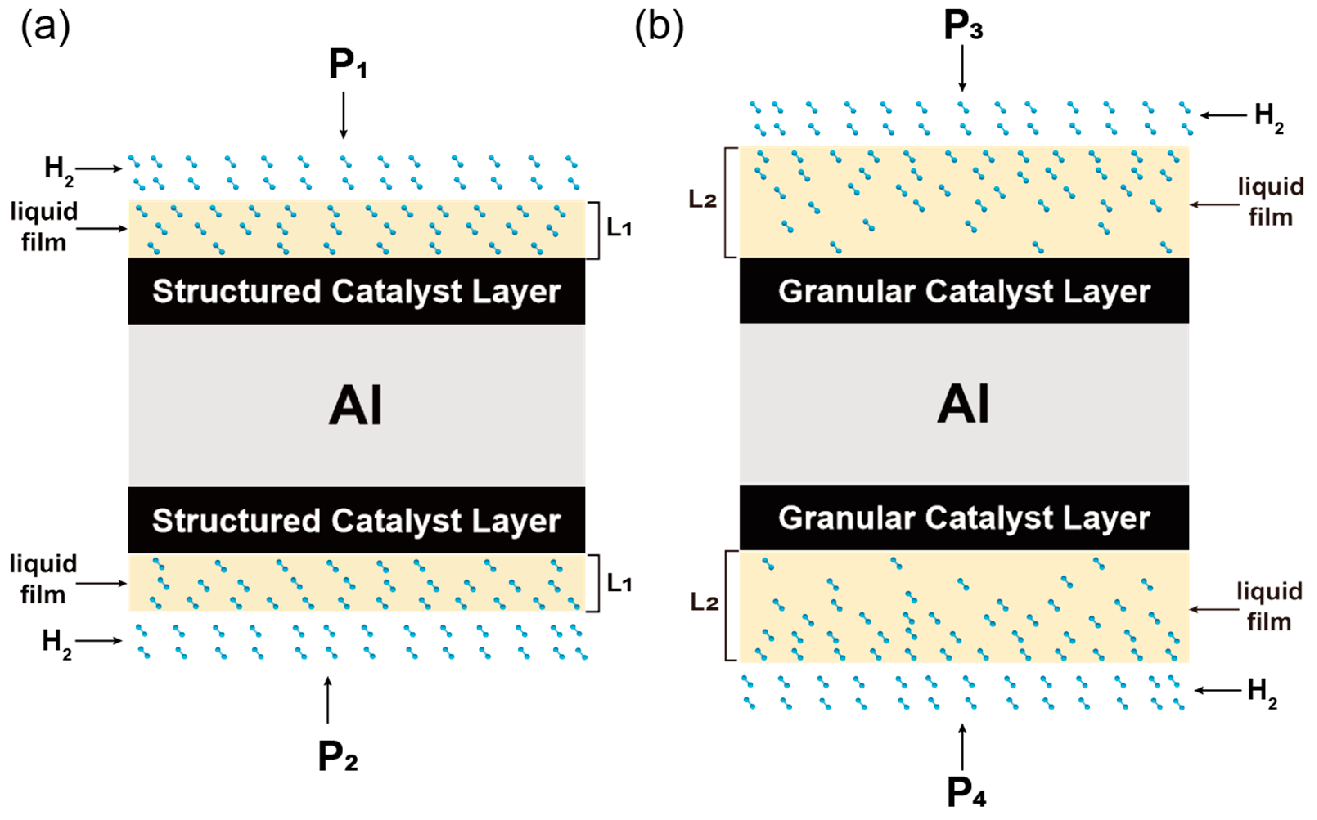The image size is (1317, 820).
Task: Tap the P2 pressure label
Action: click(338, 757)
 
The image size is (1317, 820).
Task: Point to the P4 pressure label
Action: click(966, 793)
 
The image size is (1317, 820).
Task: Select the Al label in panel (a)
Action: click(356, 405)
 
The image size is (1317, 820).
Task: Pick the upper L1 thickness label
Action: click(619, 229)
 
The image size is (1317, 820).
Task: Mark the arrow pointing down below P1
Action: click(343, 115)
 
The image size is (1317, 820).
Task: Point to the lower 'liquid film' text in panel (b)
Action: click(1269, 606)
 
